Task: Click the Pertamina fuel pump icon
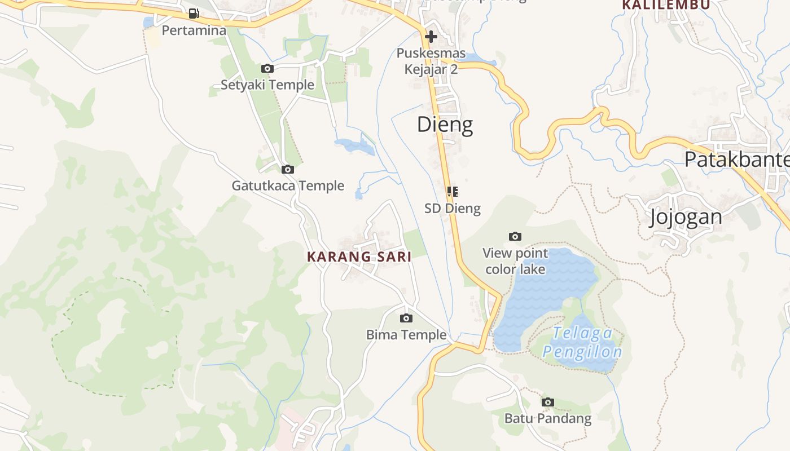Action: pyautogui.click(x=194, y=14)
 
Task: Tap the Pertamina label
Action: pyautogui.click(x=194, y=30)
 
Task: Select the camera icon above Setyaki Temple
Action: pyautogui.click(x=267, y=69)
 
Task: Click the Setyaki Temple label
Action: pyautogui.click(x=267, y=85)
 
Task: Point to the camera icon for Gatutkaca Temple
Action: pyautogui.click(x=288, y=169)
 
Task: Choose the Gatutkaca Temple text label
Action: pyautogui.click(x=288, y=185)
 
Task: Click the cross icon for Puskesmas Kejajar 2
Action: pyautogui.click(x=431, y=37)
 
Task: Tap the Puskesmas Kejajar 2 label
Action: pyautogui.click(x=431, y=61)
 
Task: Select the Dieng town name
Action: pyautogui.click(x=445, y=125)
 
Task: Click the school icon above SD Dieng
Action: pyautogui.click(x=453, y=192)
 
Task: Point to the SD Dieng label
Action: pyautogui.click(x=453, y=209)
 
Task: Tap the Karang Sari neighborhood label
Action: pyautogui.click(x=359, y=257)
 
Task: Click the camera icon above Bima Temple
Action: pyautogui.click(x=406, y=319)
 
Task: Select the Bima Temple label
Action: pyautogui.click(x=406, y=335)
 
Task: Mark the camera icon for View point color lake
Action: pyautogui.click(x=515, y=236)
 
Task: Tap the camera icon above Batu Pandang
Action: pyautogui.click(x=547, y=402)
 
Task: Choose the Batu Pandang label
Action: pyautogui.click(x=547, y=418)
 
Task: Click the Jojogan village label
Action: pyautogui.click(x=685, y=217)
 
